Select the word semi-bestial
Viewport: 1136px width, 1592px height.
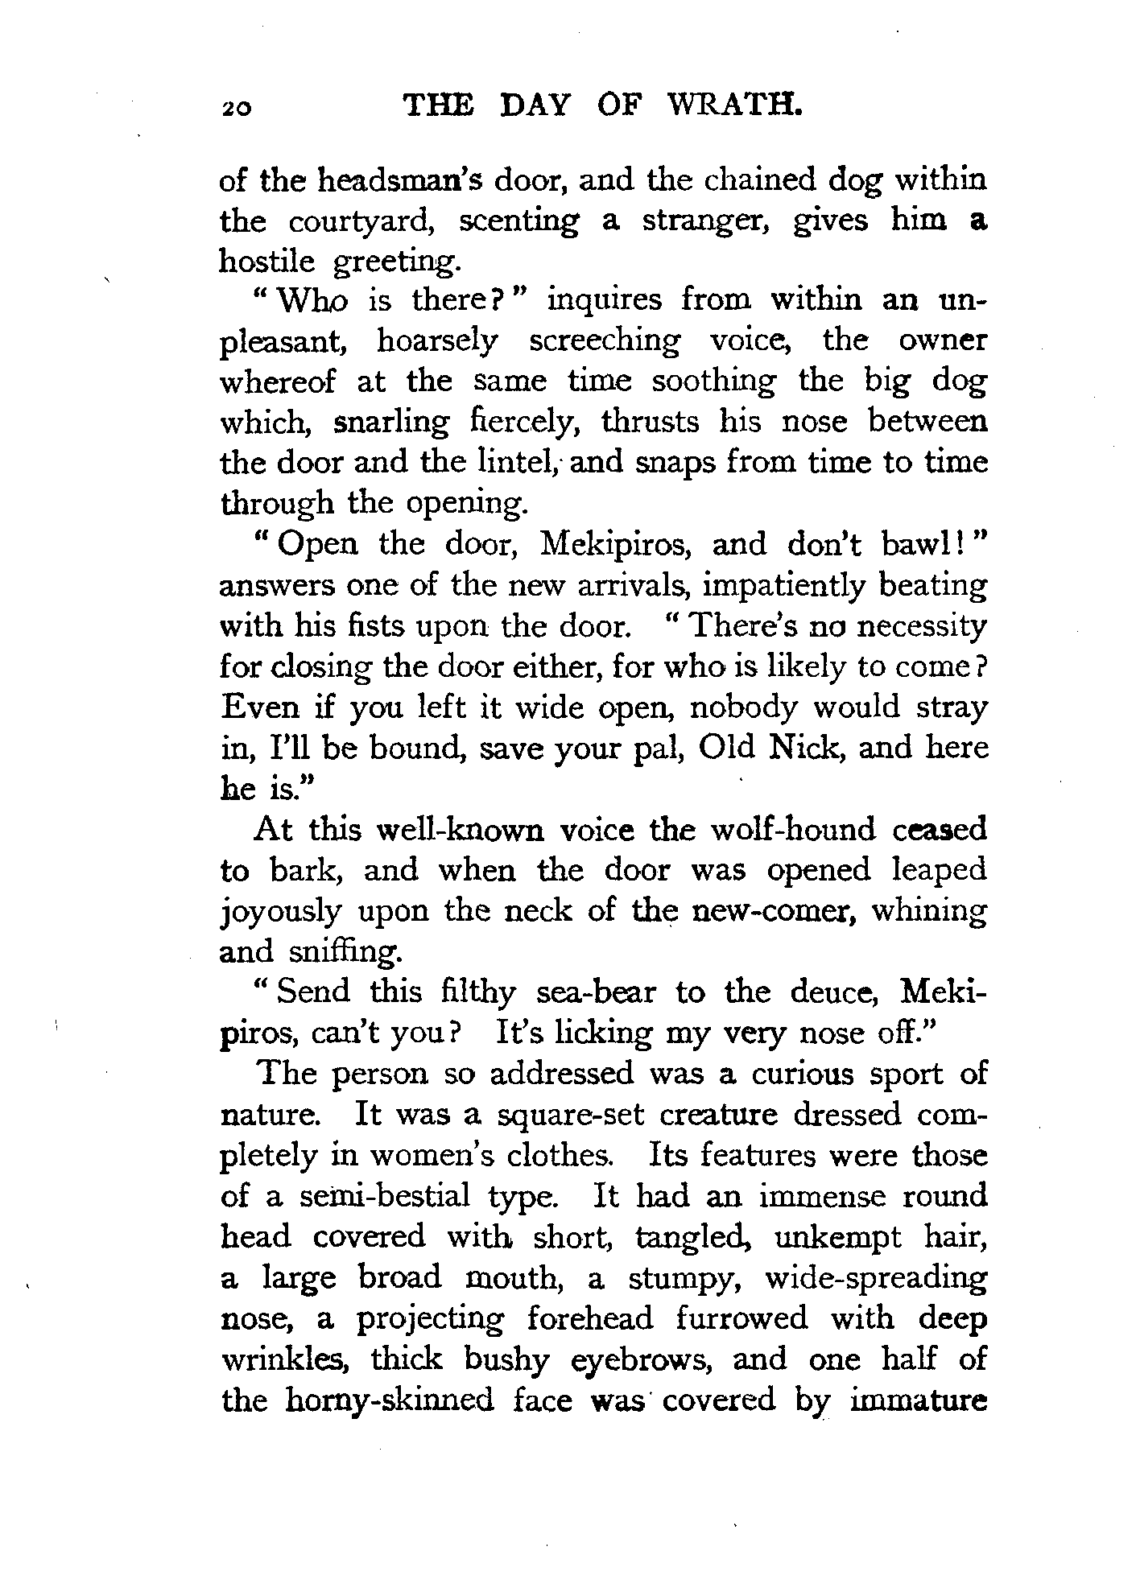click(378, 1197)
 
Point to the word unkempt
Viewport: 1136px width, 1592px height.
click(833, 1238)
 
